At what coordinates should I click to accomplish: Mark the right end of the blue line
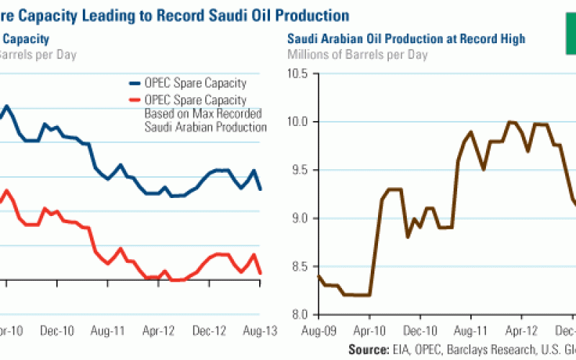[x=261, y=189]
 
